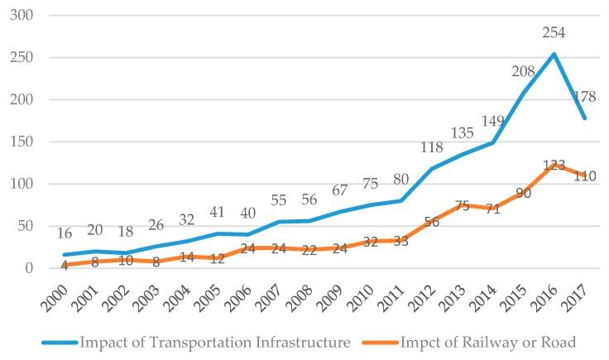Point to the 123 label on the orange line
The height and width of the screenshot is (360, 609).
[x=554, y=166]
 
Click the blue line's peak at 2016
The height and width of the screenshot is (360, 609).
[x=554, y=55]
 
